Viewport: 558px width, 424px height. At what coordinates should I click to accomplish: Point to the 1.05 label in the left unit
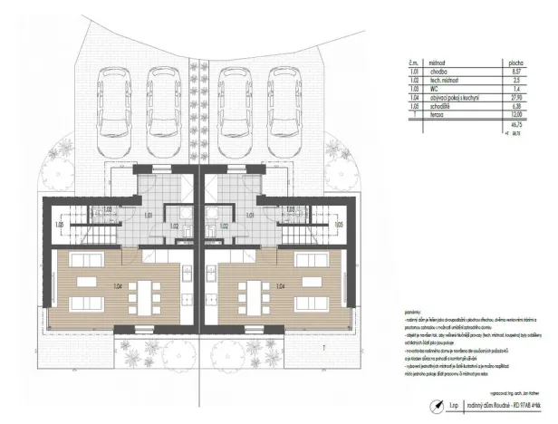click(x=58, y=224)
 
